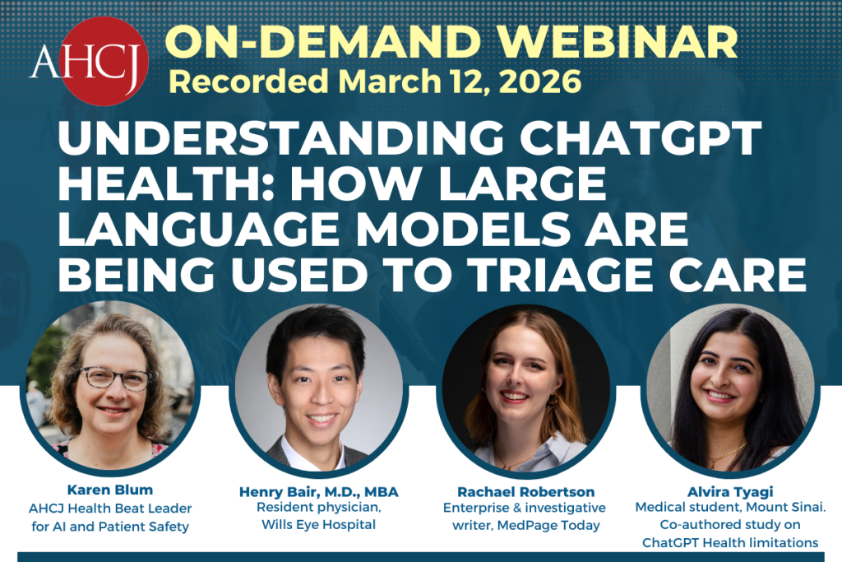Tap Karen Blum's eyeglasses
(114, 379)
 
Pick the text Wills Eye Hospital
(318, 524)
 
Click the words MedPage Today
(562, 525)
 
